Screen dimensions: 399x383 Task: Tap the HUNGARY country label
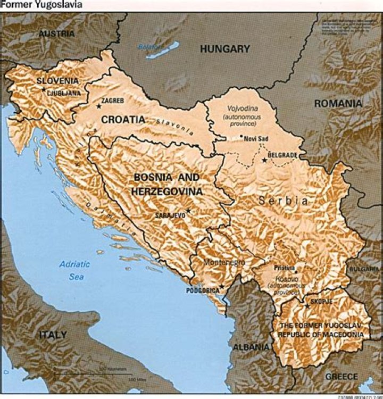(224, 49)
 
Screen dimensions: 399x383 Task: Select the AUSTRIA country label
(56, 33)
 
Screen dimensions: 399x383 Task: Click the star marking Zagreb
(98, 106)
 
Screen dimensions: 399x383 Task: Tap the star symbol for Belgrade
(264, 160)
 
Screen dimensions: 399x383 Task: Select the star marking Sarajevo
(188, 211)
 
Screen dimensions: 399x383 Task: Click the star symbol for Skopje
(307, 306)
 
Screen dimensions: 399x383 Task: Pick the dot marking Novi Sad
(241, 137)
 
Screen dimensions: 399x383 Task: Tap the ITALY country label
(53, 335)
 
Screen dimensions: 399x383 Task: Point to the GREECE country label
(342, 376)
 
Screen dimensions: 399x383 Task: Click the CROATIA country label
(123, 119)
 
